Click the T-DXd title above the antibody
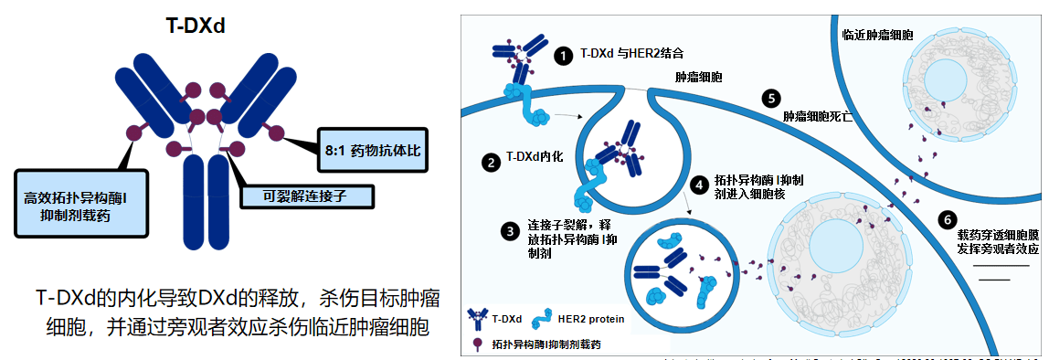(196, 26)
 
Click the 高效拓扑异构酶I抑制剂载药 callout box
(79, 204)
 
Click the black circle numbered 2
(491, 160)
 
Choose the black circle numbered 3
(510, 231)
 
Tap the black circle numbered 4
(699, 185)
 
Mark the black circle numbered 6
(946, 219)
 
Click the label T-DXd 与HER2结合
(629, 54)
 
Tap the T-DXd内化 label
(535, 157)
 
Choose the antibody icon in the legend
(476, 318)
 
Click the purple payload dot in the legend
(476, 344)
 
